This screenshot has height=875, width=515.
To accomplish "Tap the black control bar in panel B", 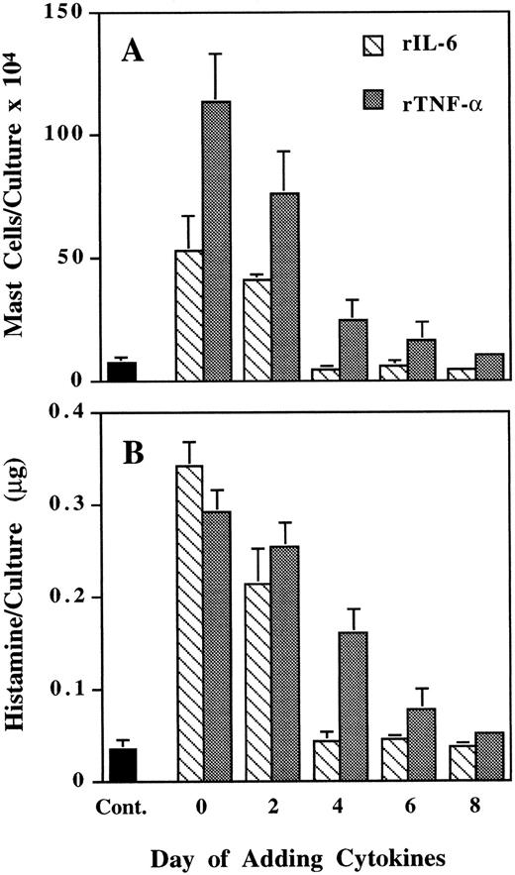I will [x=122, y=764].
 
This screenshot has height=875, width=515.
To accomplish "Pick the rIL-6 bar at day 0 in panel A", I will [x=188, y=315].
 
